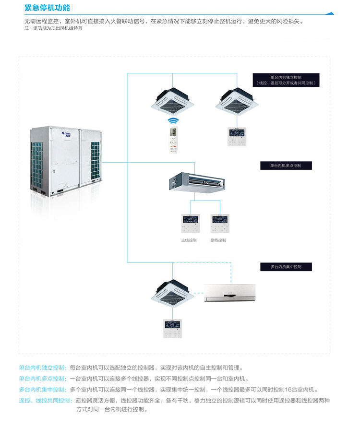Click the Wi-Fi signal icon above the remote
172,121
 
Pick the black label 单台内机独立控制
286,80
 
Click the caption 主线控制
189,240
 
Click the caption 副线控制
218,240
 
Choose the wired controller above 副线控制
219,223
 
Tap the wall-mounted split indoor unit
229,293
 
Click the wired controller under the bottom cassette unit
173,328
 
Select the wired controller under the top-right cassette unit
236,136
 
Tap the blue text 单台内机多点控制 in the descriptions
42,379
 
